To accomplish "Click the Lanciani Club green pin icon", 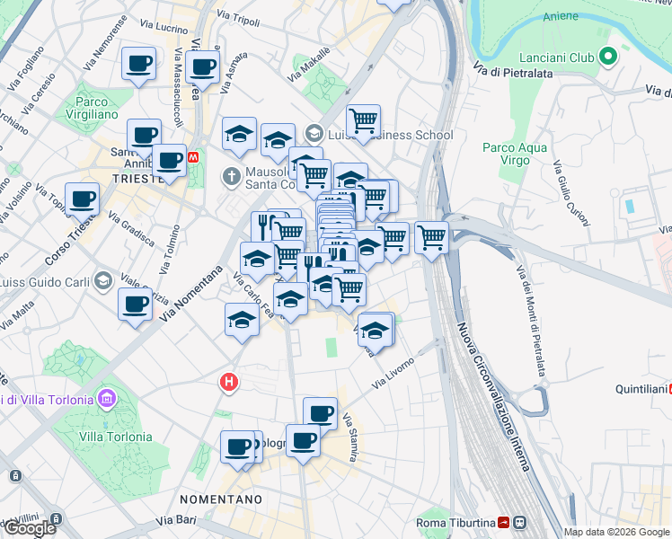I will [x=609, y=57].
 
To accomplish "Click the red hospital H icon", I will [x=229, y=383].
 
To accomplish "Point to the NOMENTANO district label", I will [x=220, y=499].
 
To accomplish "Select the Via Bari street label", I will [x=175, y=520].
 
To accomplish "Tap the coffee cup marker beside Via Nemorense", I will [x=138, y=64].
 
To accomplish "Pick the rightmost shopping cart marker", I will [x=431, y=237].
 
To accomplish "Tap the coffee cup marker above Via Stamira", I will [x=320, y=413].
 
